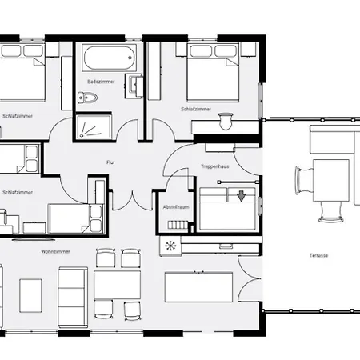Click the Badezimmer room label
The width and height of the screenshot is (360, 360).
click(x=101, y=82)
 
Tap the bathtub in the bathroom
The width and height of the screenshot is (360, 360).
click(x=110, y=58)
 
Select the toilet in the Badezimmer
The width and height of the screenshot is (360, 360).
click(x=87, y=98)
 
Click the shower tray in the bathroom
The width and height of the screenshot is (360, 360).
click(x=94, y=127)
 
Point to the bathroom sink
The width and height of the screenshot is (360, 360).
click(x=134, y=86)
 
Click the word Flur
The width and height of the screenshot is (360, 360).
click(x=110, y=162)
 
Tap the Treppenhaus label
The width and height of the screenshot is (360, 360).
click(x=215, y=166)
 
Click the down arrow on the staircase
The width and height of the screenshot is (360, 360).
click(x=242, y=196)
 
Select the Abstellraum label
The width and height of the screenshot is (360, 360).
click(x=176, y=207)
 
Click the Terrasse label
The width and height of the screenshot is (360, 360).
click(x=318, y=255)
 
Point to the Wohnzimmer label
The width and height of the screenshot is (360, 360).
click(x=55, y=251)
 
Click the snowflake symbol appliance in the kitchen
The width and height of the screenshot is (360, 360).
click(x=170, y=246)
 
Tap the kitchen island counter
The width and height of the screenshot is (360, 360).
click(x=198, y=287)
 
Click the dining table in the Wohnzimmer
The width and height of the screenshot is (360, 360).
click(x=117, y=285)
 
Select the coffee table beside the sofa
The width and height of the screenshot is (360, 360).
click(x=30, y=296)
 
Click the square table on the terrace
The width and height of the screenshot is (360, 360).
click(x=331, y=181)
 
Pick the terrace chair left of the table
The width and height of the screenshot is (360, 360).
click(x=304, y=180)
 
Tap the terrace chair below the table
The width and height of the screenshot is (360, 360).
click(x=330, y=212)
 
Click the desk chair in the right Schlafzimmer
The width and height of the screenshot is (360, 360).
click(x=226, y=121)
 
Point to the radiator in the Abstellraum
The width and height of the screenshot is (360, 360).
click(x=178, y=225)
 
